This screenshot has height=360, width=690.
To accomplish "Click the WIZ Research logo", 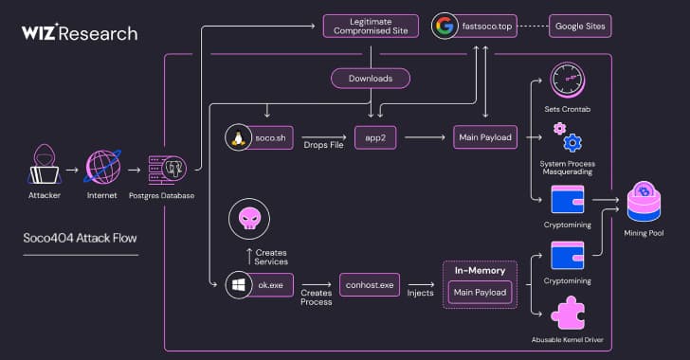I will click(x=79, y=33).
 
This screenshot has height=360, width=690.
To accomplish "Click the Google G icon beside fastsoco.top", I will click(x=443, y=25).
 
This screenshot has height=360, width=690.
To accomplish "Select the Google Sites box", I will click(x=580, y=25).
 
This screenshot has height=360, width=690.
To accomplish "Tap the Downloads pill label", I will click(x=371, y=79).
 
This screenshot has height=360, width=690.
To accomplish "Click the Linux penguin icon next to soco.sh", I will click(x=238, y=138).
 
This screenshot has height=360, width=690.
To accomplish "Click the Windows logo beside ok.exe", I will click(x=237, y=283).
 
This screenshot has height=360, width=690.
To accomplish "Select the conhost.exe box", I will click(x=372, y=283).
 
